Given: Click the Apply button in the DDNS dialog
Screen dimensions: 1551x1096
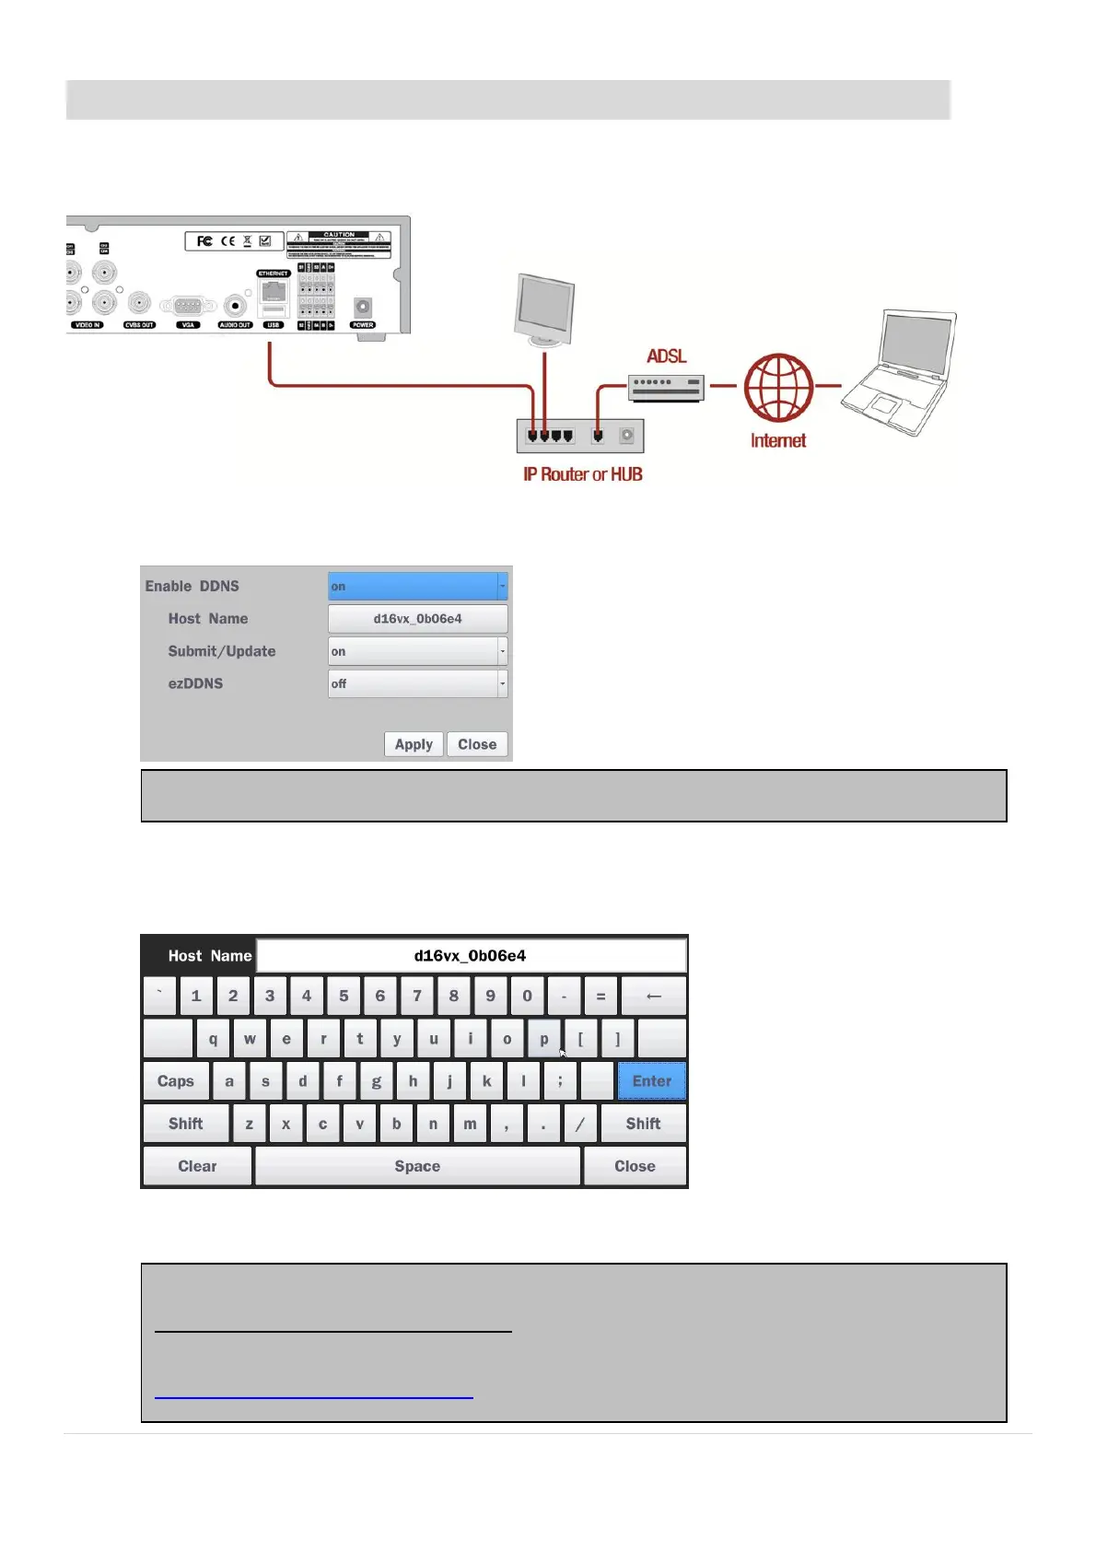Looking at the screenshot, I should (414, 744).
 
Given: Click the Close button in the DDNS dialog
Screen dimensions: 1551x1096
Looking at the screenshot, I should (477, 744).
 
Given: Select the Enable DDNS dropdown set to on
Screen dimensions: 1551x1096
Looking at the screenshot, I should (417, 587).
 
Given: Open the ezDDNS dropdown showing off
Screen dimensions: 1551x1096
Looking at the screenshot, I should (417, 683).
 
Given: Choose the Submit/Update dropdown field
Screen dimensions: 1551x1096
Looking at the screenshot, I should (417, 651).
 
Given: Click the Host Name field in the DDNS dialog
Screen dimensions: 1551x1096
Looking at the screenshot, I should (417, 619).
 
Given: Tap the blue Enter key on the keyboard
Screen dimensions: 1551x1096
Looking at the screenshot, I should (652, 1081).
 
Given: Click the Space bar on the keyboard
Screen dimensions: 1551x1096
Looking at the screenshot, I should (417, 1166).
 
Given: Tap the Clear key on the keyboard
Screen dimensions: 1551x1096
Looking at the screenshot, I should (197, 1166).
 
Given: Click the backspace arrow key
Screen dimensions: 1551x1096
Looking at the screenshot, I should (654, 996).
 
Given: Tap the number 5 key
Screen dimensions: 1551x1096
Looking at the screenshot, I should (344, 996).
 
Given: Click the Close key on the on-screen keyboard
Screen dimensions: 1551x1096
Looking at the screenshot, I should (635, 1166).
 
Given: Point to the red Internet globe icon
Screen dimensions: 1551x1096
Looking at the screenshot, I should (778, 388).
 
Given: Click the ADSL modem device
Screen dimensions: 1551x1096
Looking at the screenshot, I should (666, 387).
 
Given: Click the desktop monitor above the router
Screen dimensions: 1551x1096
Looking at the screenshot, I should (544, 309).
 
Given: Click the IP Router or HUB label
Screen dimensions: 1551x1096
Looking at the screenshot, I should (583, 474).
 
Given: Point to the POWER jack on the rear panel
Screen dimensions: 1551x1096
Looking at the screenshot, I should (363, 309).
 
